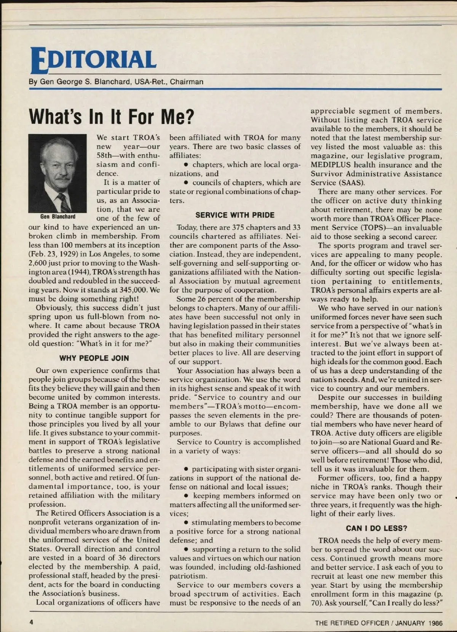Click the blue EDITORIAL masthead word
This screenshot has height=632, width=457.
[94, 60]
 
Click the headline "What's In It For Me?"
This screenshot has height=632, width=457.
[112, 116]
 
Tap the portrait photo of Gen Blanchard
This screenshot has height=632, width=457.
[58, 173]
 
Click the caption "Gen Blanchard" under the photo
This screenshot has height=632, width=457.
[58, 217]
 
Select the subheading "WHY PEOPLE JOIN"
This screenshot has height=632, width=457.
[94, 358]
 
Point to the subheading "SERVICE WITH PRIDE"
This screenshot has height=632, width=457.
[235, 215]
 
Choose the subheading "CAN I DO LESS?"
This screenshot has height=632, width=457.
[376, 528]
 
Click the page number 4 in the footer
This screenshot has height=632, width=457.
[32, 622]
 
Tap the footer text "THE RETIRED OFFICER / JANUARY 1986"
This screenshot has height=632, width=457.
[379, 623]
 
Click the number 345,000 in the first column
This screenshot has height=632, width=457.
[133, 290]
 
